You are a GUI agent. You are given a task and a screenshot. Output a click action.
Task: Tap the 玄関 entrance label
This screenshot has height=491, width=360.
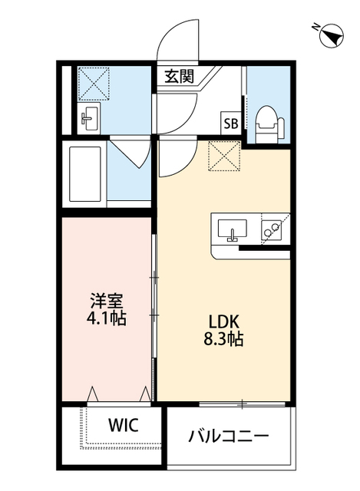tap(178, 76)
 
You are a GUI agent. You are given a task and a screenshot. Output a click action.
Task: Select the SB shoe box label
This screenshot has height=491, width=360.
tap(230, 122)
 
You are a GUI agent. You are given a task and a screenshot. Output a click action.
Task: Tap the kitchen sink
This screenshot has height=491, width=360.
tap(230, 229)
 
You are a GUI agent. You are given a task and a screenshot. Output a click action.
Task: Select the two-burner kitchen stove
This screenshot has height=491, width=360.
tap(271, 229)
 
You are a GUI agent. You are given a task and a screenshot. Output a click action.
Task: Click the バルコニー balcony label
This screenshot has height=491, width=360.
tap(229, 437)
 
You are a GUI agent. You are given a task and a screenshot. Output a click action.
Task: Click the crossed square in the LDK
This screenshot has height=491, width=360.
tap(225, 157)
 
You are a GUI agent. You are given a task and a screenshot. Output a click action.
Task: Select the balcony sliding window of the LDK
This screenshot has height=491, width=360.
tap(243, 403)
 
